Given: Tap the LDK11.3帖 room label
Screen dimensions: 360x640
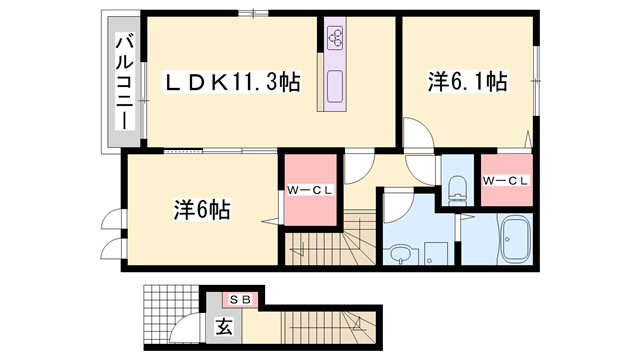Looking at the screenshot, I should (x=233, y=81).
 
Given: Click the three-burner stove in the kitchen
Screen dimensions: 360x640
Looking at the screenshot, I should (x=335, y=38).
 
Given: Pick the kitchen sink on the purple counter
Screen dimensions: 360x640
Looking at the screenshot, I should (x=333, y=84).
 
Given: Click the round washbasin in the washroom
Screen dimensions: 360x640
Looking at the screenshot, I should (x=400, y=253).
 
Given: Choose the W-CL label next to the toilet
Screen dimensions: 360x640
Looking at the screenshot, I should (x=505, y=181).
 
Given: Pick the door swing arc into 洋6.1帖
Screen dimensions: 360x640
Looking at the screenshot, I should (x=417, y=134).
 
